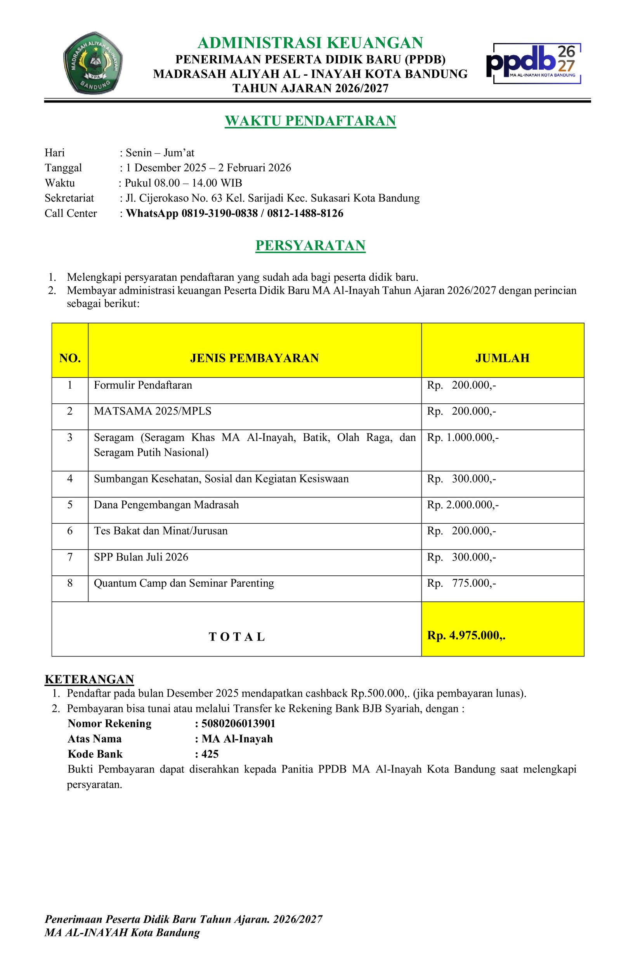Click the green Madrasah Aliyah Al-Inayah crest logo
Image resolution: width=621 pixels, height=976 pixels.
(93, 63)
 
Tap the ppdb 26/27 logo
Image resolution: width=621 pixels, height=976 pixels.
(534, 63)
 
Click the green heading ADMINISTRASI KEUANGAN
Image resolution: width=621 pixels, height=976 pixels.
(310, 43)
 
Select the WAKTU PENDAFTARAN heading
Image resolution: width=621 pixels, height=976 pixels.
(310, 121)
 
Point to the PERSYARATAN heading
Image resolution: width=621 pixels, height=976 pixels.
(310, 246)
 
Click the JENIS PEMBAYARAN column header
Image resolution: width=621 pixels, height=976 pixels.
(254, 358)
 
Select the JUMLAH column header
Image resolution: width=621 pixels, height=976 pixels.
(502, 358)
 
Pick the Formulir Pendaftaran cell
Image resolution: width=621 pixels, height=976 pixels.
(143, 385)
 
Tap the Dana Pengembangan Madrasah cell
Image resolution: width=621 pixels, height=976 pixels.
(167, 505)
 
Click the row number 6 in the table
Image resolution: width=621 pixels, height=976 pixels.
(70, 531)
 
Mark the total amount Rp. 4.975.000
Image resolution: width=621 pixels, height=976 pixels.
(466, 636)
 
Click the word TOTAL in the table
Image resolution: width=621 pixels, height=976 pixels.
(237, 637)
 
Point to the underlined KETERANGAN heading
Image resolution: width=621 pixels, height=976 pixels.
(89, 679)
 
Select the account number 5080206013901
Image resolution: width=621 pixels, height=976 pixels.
(238, 724)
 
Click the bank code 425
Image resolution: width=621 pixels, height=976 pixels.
(210, 754)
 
